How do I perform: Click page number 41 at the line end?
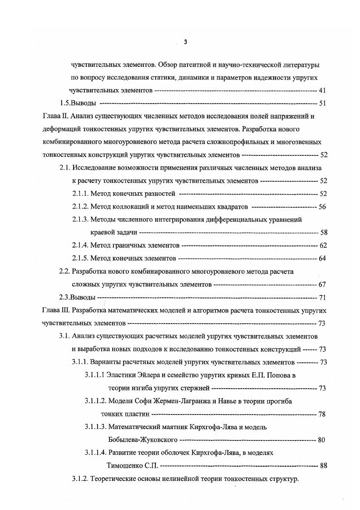(323, 90)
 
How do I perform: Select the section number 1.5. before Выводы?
(67, 103)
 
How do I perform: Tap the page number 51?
(323, 103)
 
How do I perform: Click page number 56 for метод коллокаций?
(323, 207)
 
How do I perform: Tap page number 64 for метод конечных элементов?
(323, 259)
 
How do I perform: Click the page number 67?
(323, 285)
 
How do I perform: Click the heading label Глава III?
(55, 311)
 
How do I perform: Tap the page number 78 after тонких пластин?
(322, 414)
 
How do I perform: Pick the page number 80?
(323, 440)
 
